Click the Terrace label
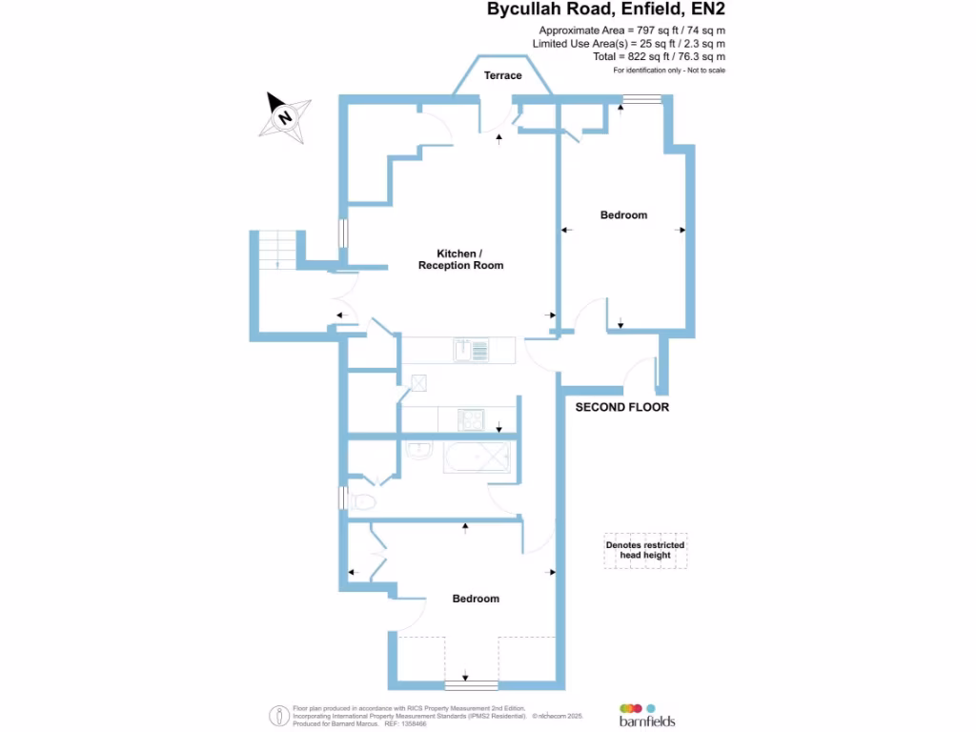click(502, 75)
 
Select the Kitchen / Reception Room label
click(460, 259)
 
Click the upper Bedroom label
click(623, 215)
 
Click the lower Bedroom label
click(476, 599)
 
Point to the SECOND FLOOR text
click(622, 407)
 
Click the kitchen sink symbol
click(472, 351)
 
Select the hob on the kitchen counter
click(472, 418)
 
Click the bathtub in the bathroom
click(478, 457)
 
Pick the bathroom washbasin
click(417, 450)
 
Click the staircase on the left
click(276, 250)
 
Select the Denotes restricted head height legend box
click(645, 550)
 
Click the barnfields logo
click(647, 715)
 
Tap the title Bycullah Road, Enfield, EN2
click(612, 10)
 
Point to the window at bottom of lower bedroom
click(472, 684)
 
